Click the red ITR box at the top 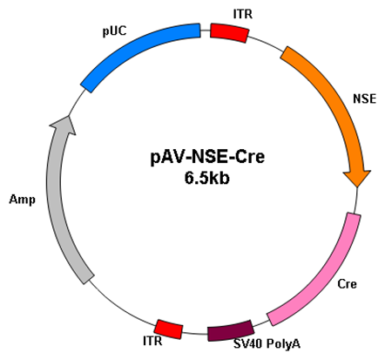pos(229,33)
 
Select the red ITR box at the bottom pos(168,329)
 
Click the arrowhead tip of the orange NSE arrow pos(357,187)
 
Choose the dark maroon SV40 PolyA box pos(231,330)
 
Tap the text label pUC pos(115,31)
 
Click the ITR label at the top pos(243,14)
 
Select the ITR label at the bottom pos(152,341)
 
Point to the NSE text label pos(364,98)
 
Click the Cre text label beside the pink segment pos(347,284)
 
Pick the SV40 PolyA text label pos(267,344)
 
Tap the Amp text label pos(22,200)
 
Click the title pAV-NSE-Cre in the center pos(207,157)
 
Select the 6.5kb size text pos(207,178)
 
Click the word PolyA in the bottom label pos(283,344)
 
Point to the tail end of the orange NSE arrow pos(284,52)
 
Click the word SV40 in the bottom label pos(248,344)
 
